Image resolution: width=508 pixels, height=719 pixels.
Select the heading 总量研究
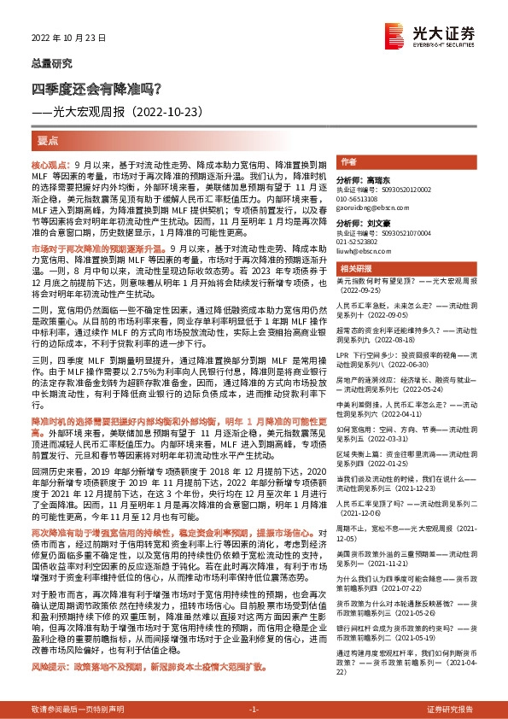pos(48,63)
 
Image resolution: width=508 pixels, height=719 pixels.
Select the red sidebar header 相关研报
pos(353,268)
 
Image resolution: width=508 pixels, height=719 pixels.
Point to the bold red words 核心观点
pos(50,162)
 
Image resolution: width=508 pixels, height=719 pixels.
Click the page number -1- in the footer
pos(253,710)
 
